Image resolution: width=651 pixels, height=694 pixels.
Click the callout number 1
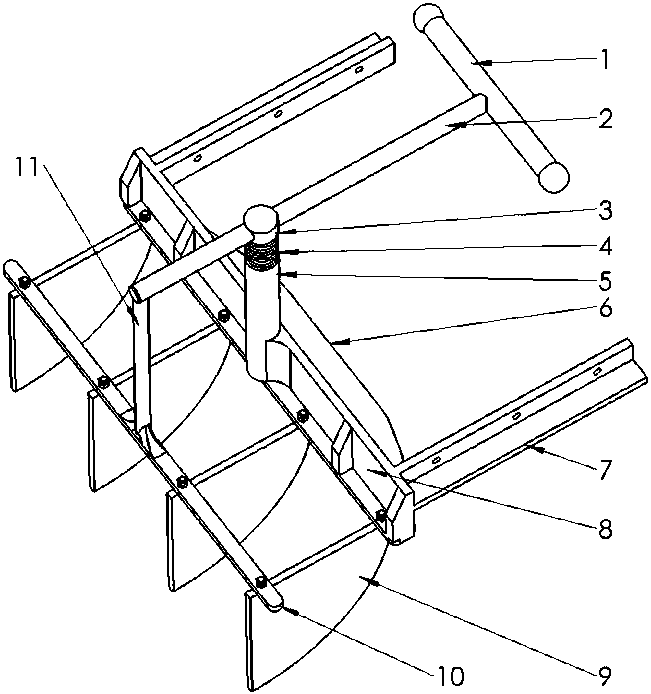point(605,60)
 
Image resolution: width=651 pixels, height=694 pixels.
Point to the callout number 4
point(605,246)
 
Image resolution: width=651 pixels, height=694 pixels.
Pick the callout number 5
point(605,280)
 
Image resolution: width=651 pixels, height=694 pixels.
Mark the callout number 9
point(605,676)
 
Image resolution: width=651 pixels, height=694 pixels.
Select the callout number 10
point(450,676)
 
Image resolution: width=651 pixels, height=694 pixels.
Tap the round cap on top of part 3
point(260,219)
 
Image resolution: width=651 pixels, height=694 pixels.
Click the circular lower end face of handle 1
point(554,177)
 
